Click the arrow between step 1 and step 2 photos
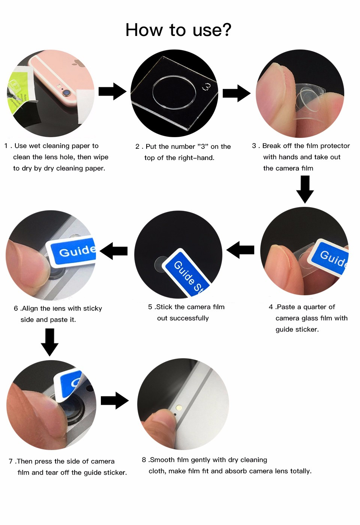pos(112,91)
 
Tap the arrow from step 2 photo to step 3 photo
pos(236,93)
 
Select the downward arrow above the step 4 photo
pos(305,189)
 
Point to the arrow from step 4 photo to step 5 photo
pos(240,250)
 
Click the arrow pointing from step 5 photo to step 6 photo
pos(114,251)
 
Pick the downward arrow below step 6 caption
pos(50,342)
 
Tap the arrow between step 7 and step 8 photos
pos(115,401)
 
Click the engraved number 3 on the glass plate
pos(206,87)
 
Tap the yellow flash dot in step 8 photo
pos(179,408)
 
